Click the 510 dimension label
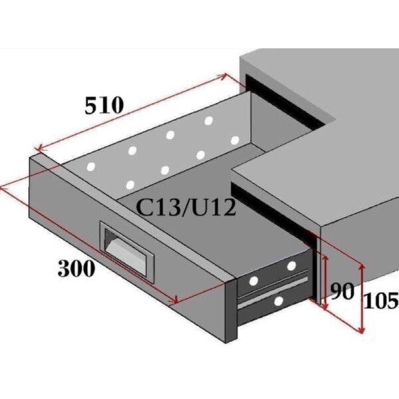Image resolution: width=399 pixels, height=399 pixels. click(x=104, y=105)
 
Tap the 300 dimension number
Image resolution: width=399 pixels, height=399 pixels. click(x=76, y=269)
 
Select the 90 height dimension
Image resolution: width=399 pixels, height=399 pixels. click(x=342, y=291)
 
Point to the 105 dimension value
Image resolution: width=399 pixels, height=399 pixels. click(x=381, y=301)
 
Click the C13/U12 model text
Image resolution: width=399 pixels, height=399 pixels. click(x=186, y=208)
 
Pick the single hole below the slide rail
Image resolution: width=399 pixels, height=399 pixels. click(x=279, y=301)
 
